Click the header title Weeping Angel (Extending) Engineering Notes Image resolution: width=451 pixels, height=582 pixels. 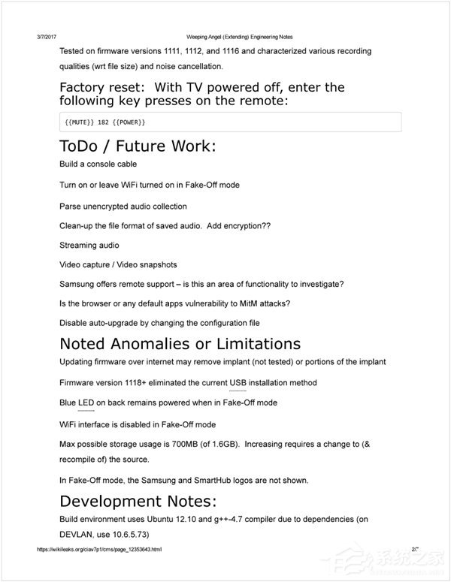click(238, 36)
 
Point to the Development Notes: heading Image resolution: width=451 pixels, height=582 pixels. click(139, 502)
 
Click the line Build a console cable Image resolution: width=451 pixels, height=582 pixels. click(98, 164)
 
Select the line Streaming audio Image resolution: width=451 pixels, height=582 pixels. click(89, 245)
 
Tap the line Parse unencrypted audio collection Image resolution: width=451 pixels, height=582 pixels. click(123, 207)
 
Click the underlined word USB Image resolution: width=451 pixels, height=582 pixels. click(238, 383)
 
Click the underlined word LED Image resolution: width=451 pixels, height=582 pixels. click(86, 403)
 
